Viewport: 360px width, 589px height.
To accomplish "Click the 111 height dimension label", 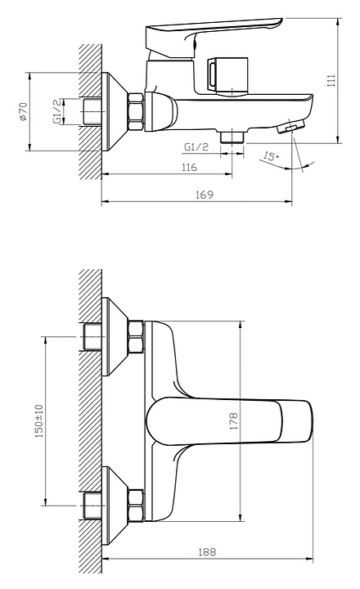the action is [331, 80].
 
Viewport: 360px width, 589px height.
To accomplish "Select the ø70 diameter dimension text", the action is [23, 111].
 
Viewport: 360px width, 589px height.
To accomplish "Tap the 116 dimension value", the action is [189, 167].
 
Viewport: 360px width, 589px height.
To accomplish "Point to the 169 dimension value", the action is [205, 195].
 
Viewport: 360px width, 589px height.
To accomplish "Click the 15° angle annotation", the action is [271, 155].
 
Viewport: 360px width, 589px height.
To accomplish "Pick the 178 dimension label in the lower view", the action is [234, 421].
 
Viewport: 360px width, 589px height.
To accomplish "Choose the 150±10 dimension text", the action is [39, 420].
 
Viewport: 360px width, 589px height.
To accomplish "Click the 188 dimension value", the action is [207, 552].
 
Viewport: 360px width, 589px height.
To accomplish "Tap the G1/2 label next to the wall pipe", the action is [57, 111].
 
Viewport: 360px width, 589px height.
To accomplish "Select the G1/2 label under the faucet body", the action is [196, 147].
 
